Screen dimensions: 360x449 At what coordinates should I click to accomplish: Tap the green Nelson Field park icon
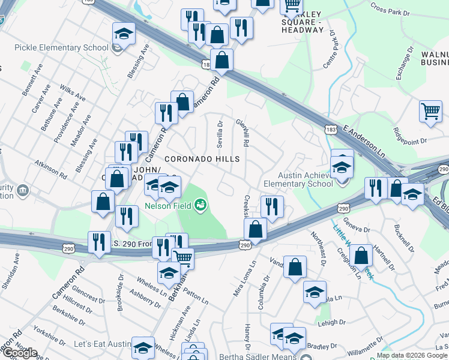[x=200, y=206]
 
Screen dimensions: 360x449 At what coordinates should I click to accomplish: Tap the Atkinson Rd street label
[x=51, y=169]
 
